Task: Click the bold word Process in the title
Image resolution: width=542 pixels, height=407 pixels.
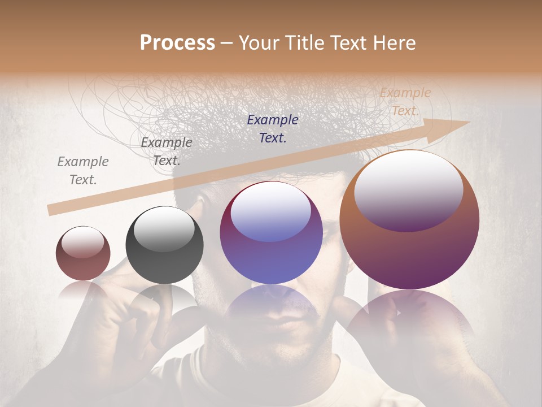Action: (x=177, y=42)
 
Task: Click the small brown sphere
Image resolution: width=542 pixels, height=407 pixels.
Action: (x=83, y=253)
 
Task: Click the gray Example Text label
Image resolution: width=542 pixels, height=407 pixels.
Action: (x=83, y=170)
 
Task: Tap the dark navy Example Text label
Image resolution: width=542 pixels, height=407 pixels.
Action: (x=273, y=128)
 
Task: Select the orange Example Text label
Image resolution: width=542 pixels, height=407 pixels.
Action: (x=405, y=101)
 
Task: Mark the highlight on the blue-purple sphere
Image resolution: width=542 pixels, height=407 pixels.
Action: (x=270, y=212)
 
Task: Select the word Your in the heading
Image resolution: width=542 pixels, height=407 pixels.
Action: (x=259, y=42)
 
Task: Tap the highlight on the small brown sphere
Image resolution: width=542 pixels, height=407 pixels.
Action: (x=82, y=242)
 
